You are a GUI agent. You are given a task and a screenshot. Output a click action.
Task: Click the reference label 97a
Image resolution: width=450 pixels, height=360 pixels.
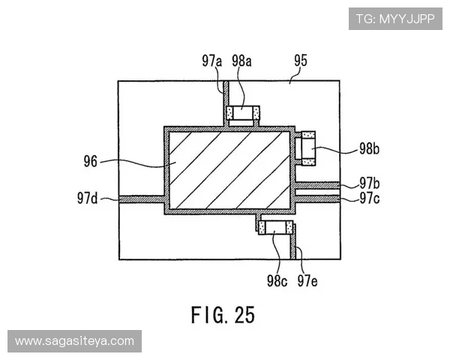(211, 61)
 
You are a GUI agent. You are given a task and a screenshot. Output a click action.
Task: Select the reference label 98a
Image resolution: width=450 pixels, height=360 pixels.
(241, 61)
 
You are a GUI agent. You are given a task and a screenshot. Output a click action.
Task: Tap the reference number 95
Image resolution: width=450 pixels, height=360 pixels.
(301, 61)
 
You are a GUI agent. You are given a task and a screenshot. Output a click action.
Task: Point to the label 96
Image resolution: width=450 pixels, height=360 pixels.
(91, 161)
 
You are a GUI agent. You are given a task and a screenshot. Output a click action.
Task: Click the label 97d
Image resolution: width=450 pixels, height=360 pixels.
(87, 198)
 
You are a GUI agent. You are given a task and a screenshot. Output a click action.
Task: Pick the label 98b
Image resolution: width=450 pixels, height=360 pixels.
(369, 148)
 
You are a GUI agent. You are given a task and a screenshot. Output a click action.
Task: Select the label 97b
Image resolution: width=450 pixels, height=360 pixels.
(370, 183)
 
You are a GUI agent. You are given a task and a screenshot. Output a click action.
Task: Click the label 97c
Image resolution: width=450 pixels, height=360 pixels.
(370, 198)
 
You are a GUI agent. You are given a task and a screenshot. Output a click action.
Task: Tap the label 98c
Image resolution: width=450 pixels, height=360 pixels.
(277, 280)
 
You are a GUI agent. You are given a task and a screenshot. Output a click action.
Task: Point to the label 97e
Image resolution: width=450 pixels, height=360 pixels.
(307, 280)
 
